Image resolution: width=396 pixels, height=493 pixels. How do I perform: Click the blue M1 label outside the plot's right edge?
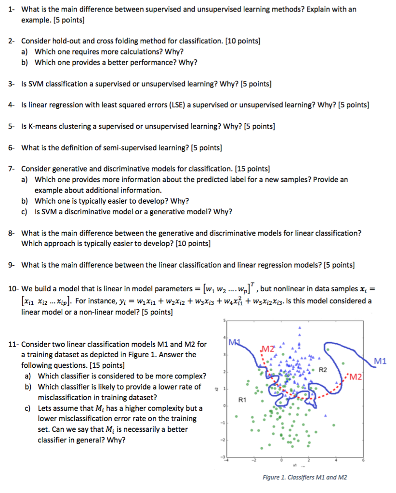click(381, 361)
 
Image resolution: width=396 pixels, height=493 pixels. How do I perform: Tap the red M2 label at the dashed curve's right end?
click(356, 376)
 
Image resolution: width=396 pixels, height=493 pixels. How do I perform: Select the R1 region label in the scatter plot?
click(242, 400)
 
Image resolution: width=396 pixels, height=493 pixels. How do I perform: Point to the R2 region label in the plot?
click(323, 370)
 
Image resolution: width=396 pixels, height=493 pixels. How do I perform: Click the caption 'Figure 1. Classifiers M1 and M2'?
click(304, 477)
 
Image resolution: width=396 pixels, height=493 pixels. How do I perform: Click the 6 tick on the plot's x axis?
click(363, 460)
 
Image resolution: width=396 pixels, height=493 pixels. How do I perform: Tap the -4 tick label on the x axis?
click(228, 460)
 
